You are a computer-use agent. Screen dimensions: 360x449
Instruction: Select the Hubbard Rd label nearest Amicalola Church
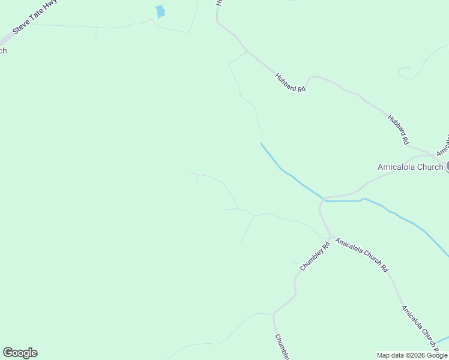click(398, 129)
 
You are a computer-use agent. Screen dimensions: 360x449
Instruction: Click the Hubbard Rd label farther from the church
click(291, 82)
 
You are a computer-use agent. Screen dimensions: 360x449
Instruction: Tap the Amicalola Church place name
click(410, 167)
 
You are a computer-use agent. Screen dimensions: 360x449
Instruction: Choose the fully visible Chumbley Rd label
click(315, 256)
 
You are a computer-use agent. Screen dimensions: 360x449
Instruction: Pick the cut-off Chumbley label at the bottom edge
click(283, 347)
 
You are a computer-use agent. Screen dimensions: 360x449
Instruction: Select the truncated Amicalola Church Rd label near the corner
click(420, 327)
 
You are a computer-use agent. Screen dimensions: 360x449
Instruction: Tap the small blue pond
click(160, 12)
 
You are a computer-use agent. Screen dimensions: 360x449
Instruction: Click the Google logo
click(20, 353)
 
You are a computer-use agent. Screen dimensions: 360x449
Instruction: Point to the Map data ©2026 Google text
click(412, 355)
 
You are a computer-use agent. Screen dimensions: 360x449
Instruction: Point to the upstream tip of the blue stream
click(261, 143)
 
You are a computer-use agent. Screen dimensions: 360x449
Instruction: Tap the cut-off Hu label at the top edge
click(220, 3)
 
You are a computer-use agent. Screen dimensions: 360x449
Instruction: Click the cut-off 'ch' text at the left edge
click(3, 50)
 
